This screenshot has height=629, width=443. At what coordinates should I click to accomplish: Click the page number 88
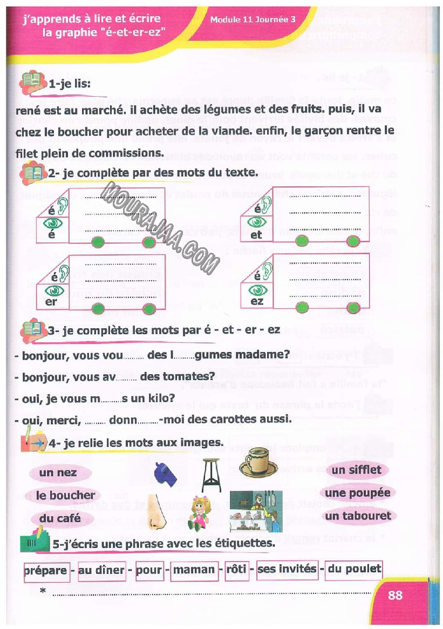pyautogui.click(x=395, y=595)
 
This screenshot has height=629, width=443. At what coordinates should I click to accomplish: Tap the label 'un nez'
pyautogui.click(x=58, y=473)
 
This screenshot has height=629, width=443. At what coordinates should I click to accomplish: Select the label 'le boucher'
pyautogui.click(x=65, y=495)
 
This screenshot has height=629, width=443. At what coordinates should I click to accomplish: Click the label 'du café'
pyautogui.click(x=60, y=518)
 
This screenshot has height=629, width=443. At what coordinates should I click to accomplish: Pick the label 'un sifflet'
pyautogui.click(x=356, y=470)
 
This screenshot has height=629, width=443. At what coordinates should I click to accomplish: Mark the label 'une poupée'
pyautogui.click(x=357, y=493)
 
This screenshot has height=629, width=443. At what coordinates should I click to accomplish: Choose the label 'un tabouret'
pyautogui.click(x=357, y=516)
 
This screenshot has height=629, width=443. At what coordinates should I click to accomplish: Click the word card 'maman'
pyautogui.click(x=194, y=570)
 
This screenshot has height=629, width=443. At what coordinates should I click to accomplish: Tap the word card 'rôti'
pyautogui.click(x=236, y=570)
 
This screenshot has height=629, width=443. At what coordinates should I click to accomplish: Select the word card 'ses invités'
pyautogui.click(x=287, y=569)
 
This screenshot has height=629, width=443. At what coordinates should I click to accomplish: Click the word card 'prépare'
pyautogui.click(x=46, y=570)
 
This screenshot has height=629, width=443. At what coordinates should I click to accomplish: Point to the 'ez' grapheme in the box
pyautogui.click(x=257, y=301)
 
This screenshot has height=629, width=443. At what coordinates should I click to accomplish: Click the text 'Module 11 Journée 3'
pyautogui.click(x=253, y=19)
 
